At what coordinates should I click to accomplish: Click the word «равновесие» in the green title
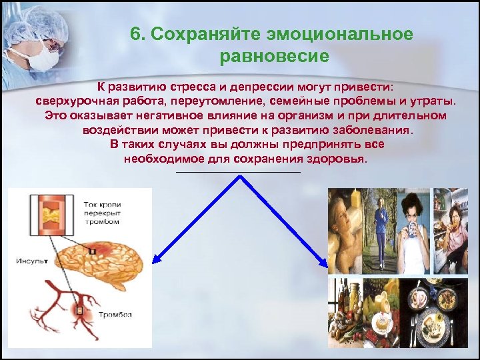[273, 56]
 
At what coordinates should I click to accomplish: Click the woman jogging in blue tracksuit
[380, 230]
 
